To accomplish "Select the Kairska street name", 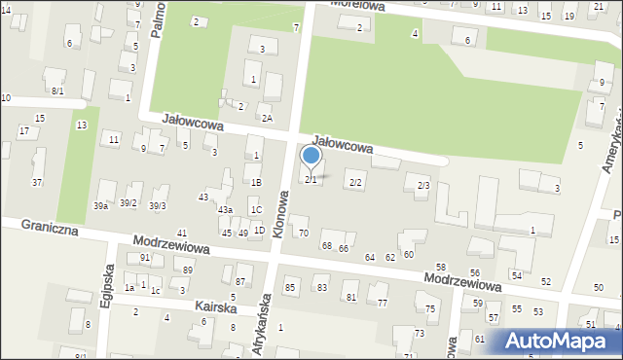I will [x=215, y=306].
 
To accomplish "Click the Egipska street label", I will [x=107, y=288].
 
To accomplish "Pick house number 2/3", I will [x=422, y=185].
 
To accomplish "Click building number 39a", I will [x=100, y=205].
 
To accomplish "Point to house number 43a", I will [x=225, y=210].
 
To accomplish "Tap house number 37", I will [x=37, y=183].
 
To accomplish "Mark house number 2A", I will [x=266, y=118].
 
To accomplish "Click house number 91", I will [x=145, y=258].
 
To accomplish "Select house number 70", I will [x=303, y=234].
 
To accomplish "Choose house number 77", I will [x=383, y=304].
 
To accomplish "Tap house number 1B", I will [x=256, y=182].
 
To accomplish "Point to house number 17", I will [x=23, y=130].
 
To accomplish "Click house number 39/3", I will [x=158, y=205].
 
